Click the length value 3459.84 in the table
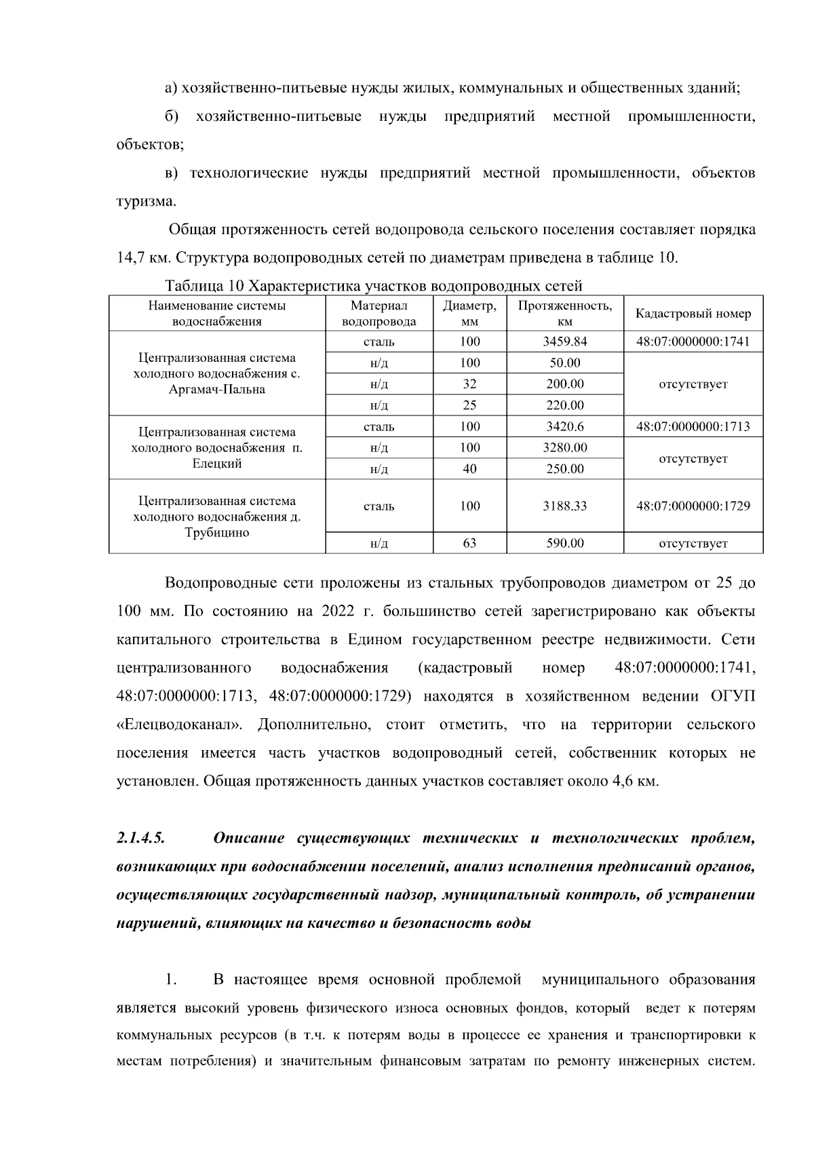point(564,341)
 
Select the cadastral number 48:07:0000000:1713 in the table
point(693,426)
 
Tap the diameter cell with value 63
point(469,543)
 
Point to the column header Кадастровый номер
point(693,314)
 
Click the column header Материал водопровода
point(379,314)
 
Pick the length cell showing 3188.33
point(564,506)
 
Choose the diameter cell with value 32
point(469,384)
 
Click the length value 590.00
point(564,543)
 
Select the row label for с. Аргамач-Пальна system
point(217,373)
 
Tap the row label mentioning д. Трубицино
point(217,517)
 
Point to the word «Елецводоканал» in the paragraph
point(180,724)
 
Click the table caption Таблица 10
point(203,285)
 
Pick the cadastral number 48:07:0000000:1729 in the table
point(693,506)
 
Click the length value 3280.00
point(564,447)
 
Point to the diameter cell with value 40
point(469,468)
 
